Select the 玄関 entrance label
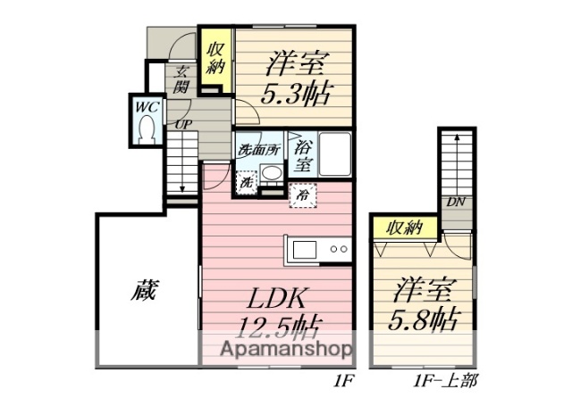tap(181, 79)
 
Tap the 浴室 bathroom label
tap(303, 156)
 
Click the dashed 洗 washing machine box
tap(246, 180)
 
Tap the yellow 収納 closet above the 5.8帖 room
tap(404, 228)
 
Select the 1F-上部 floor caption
tap(446, 382)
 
